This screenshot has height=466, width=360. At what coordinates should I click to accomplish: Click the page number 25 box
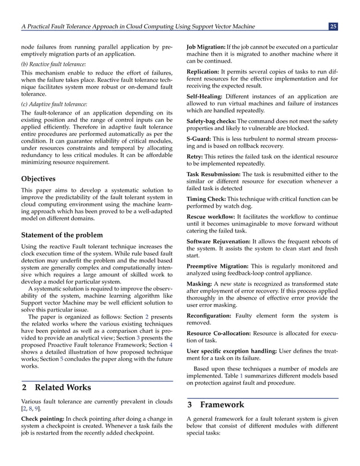tap(333, 27)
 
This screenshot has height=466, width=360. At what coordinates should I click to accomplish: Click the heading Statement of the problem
tap(62, 235)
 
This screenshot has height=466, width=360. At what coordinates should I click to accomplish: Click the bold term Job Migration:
tap(208, 47)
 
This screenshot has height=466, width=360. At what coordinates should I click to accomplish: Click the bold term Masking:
tap(200, 283)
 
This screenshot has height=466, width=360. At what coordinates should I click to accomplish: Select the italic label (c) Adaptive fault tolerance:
tap(54, 104)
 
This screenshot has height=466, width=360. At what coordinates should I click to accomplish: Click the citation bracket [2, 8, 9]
tap(30, 408)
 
